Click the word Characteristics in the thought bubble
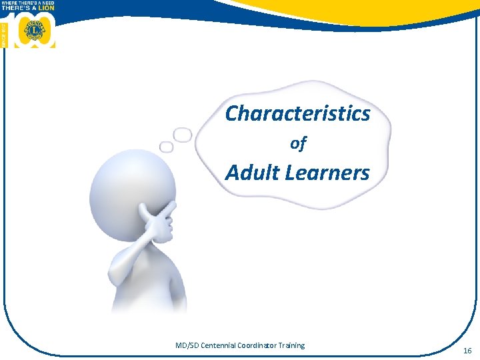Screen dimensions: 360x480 297,114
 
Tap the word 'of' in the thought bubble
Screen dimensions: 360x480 298,143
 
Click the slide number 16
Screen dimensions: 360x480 467,349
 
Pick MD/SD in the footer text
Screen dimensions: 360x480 187,345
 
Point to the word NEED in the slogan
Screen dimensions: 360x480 46,3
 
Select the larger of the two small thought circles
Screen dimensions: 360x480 183,135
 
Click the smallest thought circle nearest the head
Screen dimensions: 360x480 166,146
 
